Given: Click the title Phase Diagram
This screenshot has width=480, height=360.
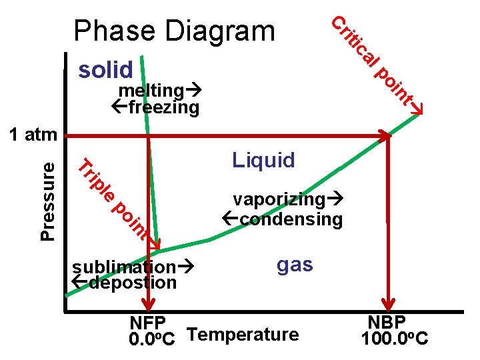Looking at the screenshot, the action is (x=175, y=31).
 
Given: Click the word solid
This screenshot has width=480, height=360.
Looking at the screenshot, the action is (x=106, y=69).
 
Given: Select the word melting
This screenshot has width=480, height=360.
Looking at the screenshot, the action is (x=152, y=91).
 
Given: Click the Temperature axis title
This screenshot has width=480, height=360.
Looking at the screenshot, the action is (x=244, y=335).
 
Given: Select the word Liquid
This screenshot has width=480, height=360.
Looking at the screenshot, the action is (x=263, y=160).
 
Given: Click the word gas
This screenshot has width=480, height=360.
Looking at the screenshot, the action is (x=294, y=264).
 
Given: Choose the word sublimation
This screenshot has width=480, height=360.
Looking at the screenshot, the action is (x=123, y=267).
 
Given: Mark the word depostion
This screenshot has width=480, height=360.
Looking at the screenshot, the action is (x=132, y=283).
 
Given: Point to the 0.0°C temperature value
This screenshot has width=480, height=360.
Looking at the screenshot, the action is (x=153, y=340).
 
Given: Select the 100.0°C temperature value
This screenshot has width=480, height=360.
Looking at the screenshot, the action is (x=394, y=340).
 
